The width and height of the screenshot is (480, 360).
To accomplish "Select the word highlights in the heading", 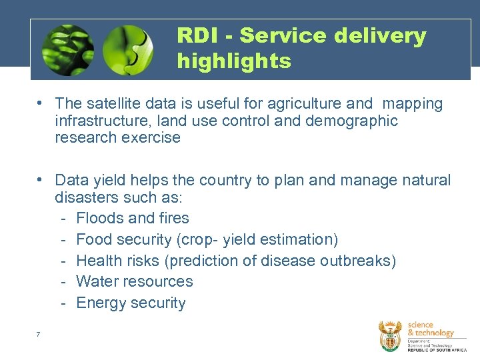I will [x=234, y=61].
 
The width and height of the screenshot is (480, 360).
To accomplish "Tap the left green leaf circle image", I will [x=67, y=49].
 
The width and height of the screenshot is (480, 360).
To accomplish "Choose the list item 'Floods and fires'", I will [x=133, y=218].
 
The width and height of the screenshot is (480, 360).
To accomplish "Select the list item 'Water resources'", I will [x=135, y=281].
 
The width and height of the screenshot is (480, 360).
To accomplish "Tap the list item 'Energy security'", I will [x=131, y=303].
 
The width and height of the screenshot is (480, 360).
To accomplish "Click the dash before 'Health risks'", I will [x=62, y=260].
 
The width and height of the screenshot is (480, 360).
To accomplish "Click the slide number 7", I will [x=39, y=333].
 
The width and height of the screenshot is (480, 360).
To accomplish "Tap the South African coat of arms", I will [x=390, y=335].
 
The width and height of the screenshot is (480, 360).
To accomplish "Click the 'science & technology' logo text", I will [x=430, y=329].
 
